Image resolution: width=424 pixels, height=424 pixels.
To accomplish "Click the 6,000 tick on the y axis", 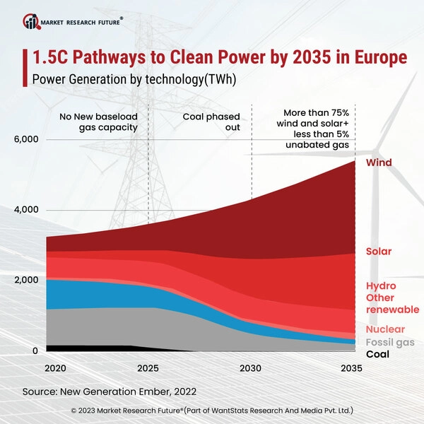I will coord(26,140).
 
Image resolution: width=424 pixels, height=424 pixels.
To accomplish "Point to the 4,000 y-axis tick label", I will coord(26,211).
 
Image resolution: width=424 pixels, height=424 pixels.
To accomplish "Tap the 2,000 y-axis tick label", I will coord(26,281).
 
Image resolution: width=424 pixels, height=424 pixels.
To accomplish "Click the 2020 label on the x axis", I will coord(56,369).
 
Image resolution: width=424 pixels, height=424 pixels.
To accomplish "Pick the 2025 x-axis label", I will coord(148,369).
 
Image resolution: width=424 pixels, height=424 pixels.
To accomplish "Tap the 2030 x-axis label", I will coord(251,369).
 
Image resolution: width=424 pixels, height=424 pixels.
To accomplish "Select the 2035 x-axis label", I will coord(352,369).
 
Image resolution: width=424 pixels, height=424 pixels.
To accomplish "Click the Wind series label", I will coord(379,163).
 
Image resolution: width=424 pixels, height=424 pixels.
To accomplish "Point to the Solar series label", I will coord(379,252).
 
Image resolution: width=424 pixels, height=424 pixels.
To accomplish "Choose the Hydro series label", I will coord(381,285).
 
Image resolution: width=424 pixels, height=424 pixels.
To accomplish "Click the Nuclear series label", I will coord(385,329).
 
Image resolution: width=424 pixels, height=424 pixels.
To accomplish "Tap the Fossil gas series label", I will coord(390,342).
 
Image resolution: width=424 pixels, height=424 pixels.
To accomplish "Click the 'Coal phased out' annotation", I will coord(211,122).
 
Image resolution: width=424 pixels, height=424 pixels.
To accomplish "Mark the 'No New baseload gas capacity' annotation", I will coord(104,122).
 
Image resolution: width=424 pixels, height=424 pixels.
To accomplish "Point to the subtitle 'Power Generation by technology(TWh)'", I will coord(134,80).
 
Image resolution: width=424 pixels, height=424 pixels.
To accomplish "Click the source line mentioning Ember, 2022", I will coord(109,390).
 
